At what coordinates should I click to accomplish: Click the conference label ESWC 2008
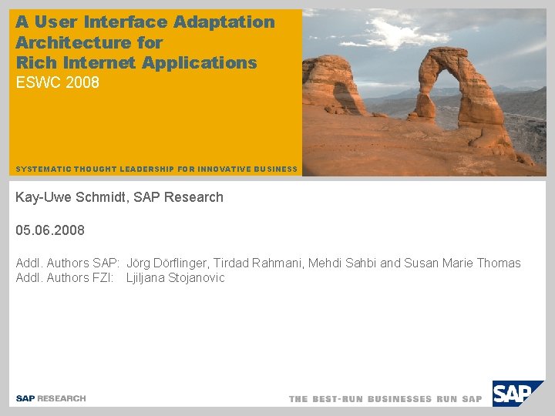click(x=58, y=82)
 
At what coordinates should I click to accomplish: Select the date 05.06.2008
click(x=50, y=230)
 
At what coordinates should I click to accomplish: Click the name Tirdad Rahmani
click(x=257, y=263)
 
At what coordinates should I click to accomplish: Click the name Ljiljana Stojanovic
click(x=176, y=278)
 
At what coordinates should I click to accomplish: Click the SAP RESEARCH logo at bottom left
click(x=51, y=398)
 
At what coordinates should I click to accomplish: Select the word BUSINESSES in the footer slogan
click(x=399, y=399)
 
